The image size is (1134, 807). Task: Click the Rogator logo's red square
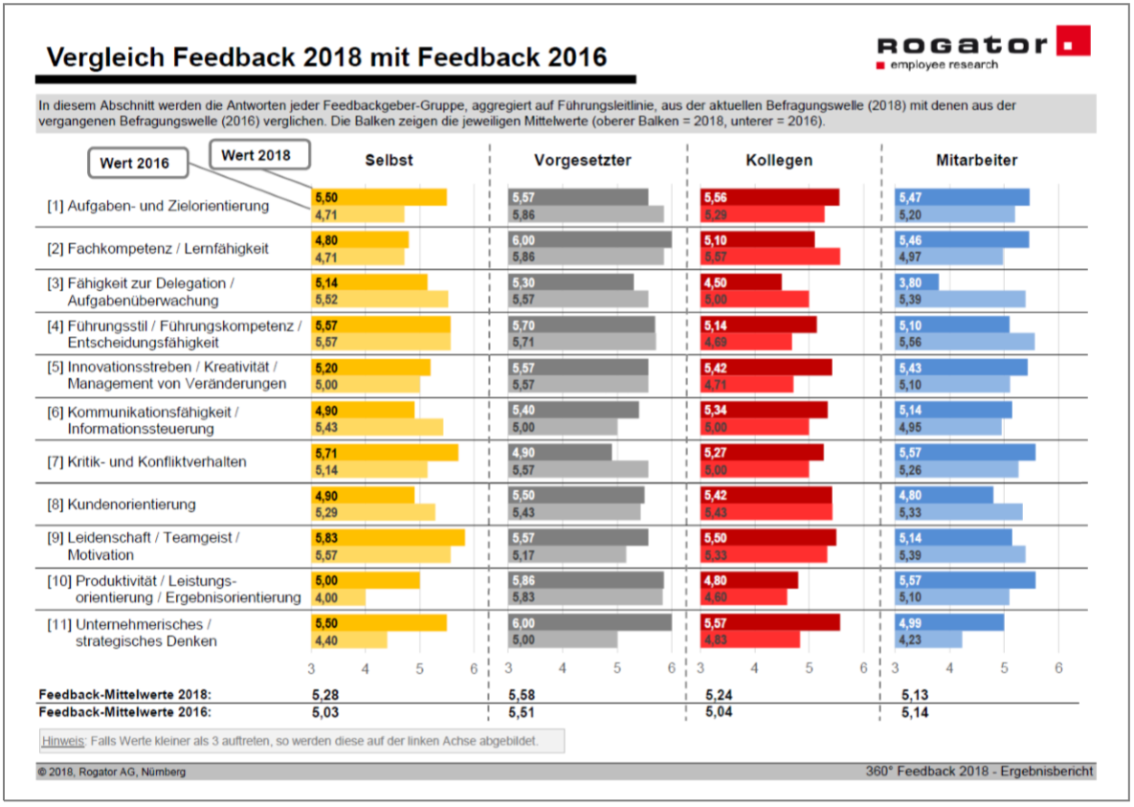pyautogui.click(x=1074, y=41)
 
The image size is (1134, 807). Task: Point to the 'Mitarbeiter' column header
pyautogui.click(x=976, y=160)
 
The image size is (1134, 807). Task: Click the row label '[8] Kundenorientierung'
pyautogui.click(x=131, y=504)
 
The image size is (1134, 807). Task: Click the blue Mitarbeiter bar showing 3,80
pyautogui.click(x=917, y=282)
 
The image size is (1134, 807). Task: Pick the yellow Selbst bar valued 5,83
pyautogui.click(x=388, y=538)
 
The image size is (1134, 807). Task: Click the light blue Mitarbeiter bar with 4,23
pyautogui.click(x=928, y=639)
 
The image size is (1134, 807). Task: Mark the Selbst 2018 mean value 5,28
pyautogui.click(x=325, y=693)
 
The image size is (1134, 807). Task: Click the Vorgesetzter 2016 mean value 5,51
pyautogui.click(x=523, y=712)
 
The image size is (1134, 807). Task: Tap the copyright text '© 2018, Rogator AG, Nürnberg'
pyautogui.click(x=112, y=772)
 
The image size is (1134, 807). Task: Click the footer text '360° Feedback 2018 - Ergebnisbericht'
pyautogui.click(x=979, y=771)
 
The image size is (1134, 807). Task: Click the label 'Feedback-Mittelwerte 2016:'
pyautogui.click(x=124, y=712)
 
